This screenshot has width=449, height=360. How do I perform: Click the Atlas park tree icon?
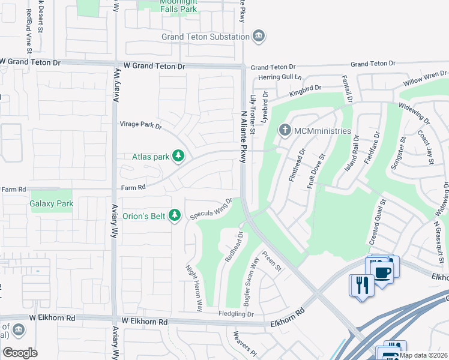[178, 157]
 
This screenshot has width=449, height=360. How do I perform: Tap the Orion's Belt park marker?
[175, 215]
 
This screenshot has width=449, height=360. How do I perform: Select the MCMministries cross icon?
[285, 130]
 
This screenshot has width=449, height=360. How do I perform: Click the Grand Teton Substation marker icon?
[259, 37]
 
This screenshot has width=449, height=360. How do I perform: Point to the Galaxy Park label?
[52, 203]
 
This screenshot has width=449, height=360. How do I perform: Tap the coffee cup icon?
[382, 271]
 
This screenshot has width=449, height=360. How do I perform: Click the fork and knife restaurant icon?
[361, 284]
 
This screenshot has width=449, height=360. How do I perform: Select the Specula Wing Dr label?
[211, 209]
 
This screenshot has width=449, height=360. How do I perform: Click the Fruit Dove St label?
[318, 172]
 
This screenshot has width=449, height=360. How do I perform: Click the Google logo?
[20, 353]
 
